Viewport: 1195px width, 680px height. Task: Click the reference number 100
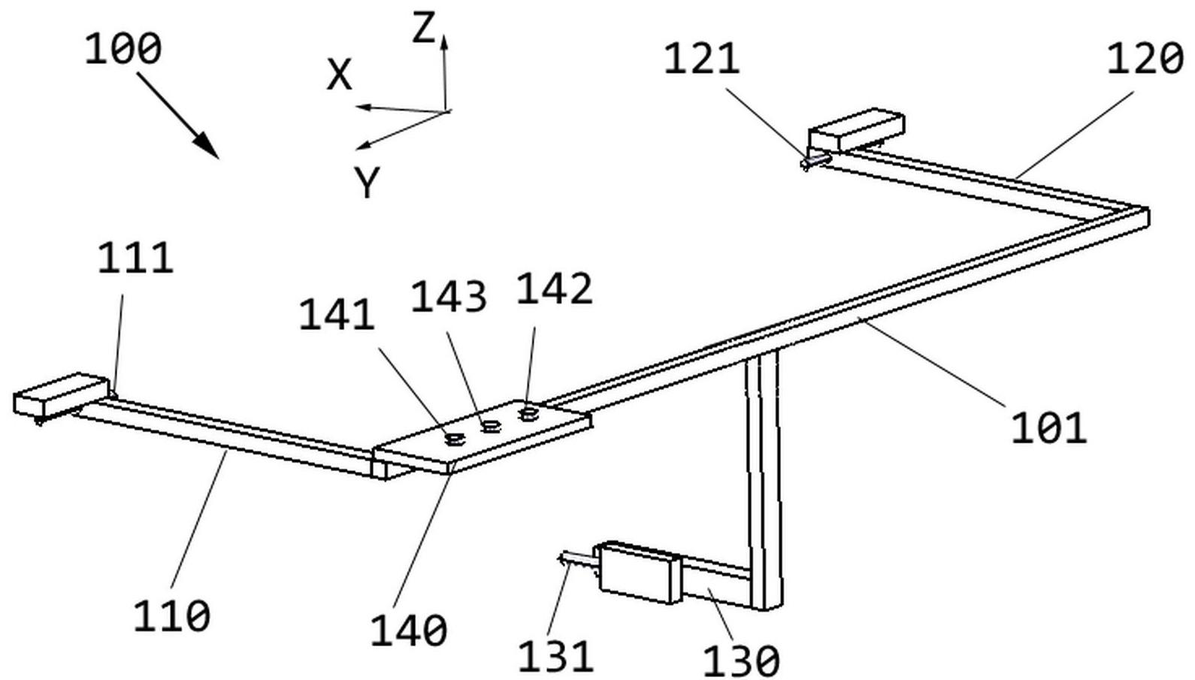click(x=123, y=50)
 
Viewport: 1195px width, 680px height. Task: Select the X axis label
click(x=339, y=75)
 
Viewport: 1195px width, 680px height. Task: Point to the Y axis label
click(x=367, y=183)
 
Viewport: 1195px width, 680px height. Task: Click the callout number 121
click(x=701, y=59)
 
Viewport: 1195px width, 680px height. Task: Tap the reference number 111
click(x=135, y=258)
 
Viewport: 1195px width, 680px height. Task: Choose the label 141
click(x=337, y=315)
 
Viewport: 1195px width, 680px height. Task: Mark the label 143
click(x=448, y=297)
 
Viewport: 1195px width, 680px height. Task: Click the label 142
click(x=555, y=289)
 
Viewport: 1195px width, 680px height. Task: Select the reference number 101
click(x=1048, y=428)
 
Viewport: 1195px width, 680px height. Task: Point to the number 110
click(x=171, y=616)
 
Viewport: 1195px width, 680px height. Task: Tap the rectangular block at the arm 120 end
click(x=857, y=129)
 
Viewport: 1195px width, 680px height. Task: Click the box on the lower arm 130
click(x=638, y=573)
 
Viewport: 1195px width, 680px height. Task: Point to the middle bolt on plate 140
click(x=489, y=427)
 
